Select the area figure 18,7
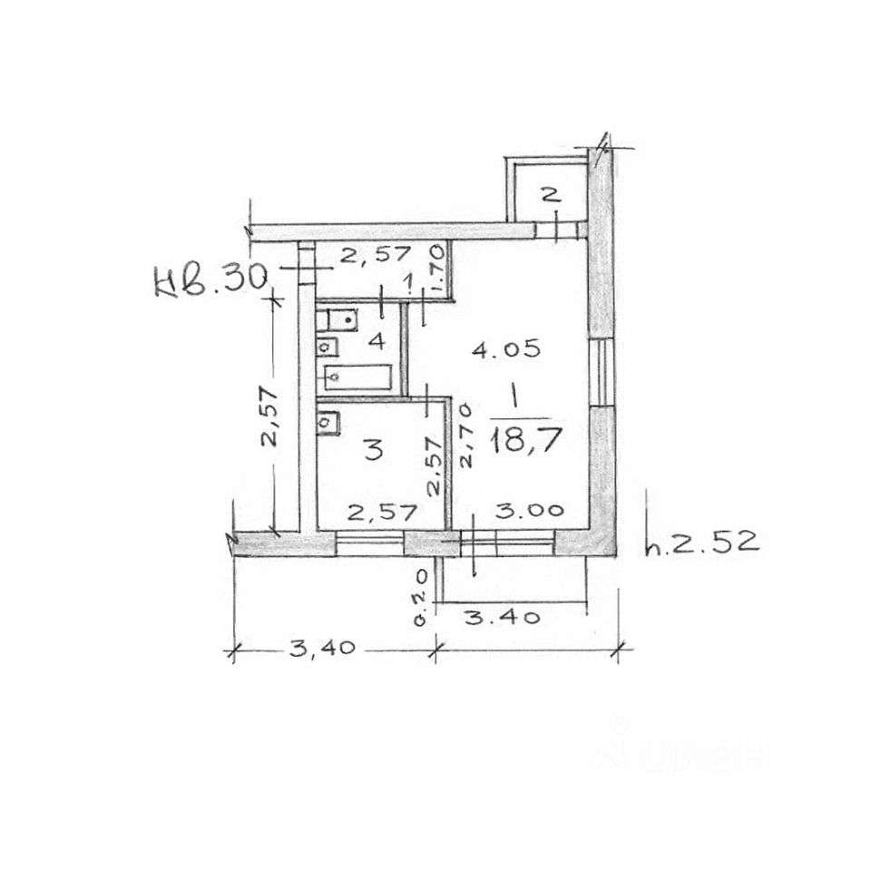[526, 440]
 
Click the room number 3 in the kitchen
[374, 449]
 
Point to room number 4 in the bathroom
[377, 340]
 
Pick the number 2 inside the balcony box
[550, 195]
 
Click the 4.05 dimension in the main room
[506, 348]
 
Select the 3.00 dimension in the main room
[529, 510]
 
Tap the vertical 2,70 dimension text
[465, 435]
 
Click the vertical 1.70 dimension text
[436, 269]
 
